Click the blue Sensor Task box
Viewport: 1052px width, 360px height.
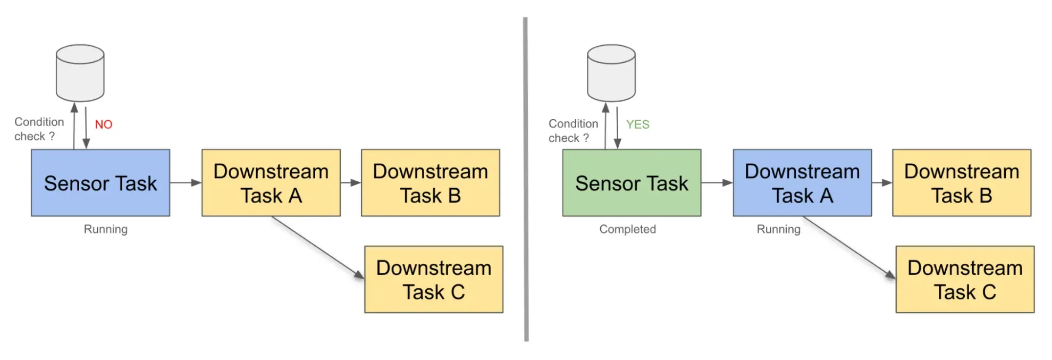pyautogui.click(x=100, y=183)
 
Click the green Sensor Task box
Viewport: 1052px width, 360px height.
pyautogui.click(x=632, y=183)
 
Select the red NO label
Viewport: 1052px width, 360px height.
pyautogui.click(x=104, y=124)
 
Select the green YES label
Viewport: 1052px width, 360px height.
pyautogui.click(x=637, y=124)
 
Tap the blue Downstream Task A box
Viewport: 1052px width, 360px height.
pyautogui.click(x=802, y=183)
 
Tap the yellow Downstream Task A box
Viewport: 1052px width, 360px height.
pyautogui.click(x=271, y=183)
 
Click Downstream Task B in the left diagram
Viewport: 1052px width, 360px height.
pyautogui.click(x=430, y=183)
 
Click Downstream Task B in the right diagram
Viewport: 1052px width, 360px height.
pyautogui.click(x=961, y=183)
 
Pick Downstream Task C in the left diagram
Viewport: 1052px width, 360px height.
pyautogui.click(x=433, y=279)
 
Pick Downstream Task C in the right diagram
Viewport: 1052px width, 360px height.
pyautogui.click(x=964, y=279)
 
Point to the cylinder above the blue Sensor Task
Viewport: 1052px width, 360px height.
pyautogui.click(x=80, y=73)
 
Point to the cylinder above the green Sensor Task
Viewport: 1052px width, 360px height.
pyautogui.click(x=611, y=73)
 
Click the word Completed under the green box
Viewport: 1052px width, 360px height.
pyautogui.click(x=627, y=229)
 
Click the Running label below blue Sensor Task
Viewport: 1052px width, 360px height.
pyautogui.click(x=105, y=229)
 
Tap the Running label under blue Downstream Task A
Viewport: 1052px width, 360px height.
pyautogui.click(x=778, y=229)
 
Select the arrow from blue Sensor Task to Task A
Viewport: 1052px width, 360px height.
pyautogui.click(x=186, y=183)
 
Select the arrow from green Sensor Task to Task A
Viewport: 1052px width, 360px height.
pyautogui.click(x=717, y=183)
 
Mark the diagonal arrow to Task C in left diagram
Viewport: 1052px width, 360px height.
pyautogui.click(x=317, y=247)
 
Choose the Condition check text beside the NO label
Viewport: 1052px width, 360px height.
pyautogui.click(x=39, y=129)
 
